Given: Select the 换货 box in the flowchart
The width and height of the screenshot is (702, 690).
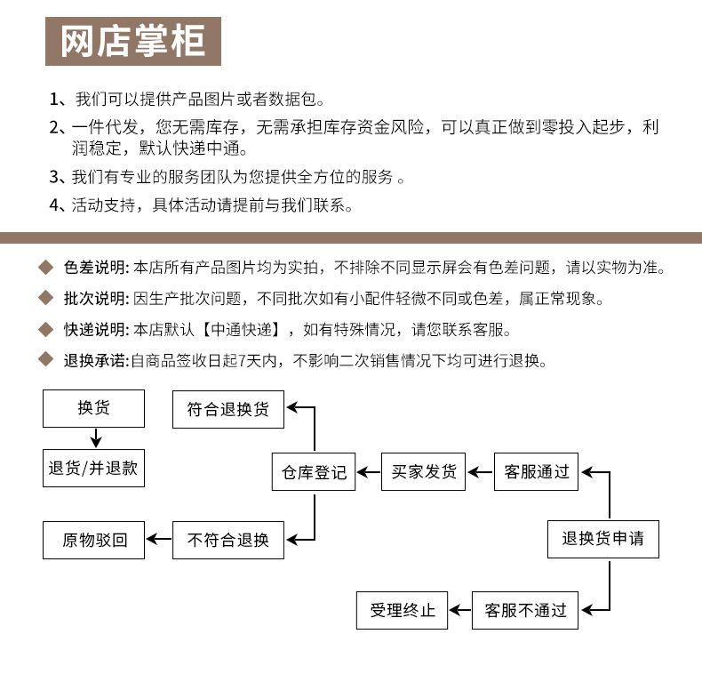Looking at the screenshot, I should (93, 408).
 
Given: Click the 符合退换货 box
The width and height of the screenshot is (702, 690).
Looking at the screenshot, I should (227, 409).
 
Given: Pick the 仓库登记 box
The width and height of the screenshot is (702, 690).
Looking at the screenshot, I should (314, 472).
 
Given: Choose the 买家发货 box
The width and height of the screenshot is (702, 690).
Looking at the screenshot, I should (424, 472).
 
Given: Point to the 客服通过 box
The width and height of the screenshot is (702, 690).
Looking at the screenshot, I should (536, 472).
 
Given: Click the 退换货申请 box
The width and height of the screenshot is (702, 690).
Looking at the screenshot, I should (602, 539).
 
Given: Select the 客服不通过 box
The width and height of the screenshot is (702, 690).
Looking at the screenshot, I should (525, 610).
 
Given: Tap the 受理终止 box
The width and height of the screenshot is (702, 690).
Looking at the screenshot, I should (402, 610).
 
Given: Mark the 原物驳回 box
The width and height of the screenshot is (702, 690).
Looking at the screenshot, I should (93, 540).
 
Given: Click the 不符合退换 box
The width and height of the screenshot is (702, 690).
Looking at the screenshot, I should (227, 540).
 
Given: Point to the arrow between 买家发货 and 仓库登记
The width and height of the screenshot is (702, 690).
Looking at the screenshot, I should (369, 472).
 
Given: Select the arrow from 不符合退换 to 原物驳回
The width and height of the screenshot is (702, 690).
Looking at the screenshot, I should (159, 539).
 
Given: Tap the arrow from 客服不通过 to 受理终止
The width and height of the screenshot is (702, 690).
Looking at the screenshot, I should (459, 610).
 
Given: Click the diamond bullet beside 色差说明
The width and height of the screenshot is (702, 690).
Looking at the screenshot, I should (46, 268).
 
